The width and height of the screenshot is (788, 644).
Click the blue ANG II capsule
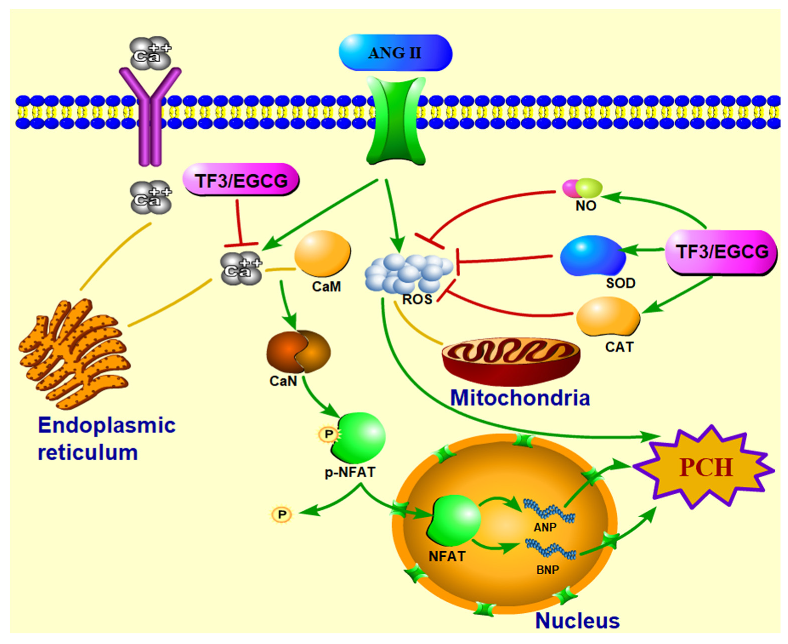click(395, 53)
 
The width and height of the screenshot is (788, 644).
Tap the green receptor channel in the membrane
click(395, 120)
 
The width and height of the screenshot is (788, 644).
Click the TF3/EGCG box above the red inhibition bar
click(241, 180)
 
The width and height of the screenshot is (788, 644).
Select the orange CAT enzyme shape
click(608, 316)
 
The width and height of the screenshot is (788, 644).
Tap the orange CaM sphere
click(322, 253)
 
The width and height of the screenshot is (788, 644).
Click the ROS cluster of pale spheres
click(408, 273)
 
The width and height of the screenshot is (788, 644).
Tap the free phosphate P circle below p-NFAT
click(282, 514)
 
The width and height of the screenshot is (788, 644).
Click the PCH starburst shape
click(705, 467)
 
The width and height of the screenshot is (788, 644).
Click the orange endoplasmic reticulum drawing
click(74, 354)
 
